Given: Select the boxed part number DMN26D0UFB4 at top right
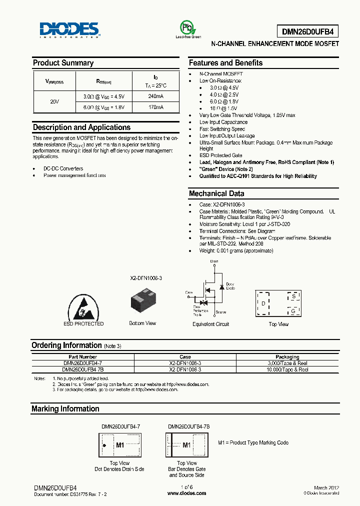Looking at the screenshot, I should pyautogui.click(x=310, y=31).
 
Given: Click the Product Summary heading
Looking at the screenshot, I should pyautogui.click(x=63, y=63).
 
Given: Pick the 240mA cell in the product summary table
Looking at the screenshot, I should pyautogui.click(x=155, y=96).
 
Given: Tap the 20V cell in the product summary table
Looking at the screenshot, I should pyautogui.click(x=54, y=101).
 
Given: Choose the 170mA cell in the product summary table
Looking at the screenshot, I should pyautogui.click(x=155, y=107).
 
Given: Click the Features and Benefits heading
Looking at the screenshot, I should pyautogui.click(x=225, y=63).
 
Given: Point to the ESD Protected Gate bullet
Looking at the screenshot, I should pyautogui.click(x=220, y=155).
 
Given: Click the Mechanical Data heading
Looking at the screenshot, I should pyautogui.click(x=216, y=193).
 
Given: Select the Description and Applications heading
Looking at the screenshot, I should pyautogui.click(x=81, y=127).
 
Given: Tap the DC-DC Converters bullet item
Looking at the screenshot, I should pyautogui.click(x=63, y=168).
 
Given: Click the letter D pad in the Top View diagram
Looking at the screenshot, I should pyautogui.click(x=263, y=303).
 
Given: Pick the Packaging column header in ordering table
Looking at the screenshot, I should pyautogui.click(x=287, y=357).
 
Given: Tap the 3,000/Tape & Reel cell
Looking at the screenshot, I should pyautogui.click(x=287, y=363).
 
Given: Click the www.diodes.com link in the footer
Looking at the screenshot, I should pyautogui.click(x=186, y=493).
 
